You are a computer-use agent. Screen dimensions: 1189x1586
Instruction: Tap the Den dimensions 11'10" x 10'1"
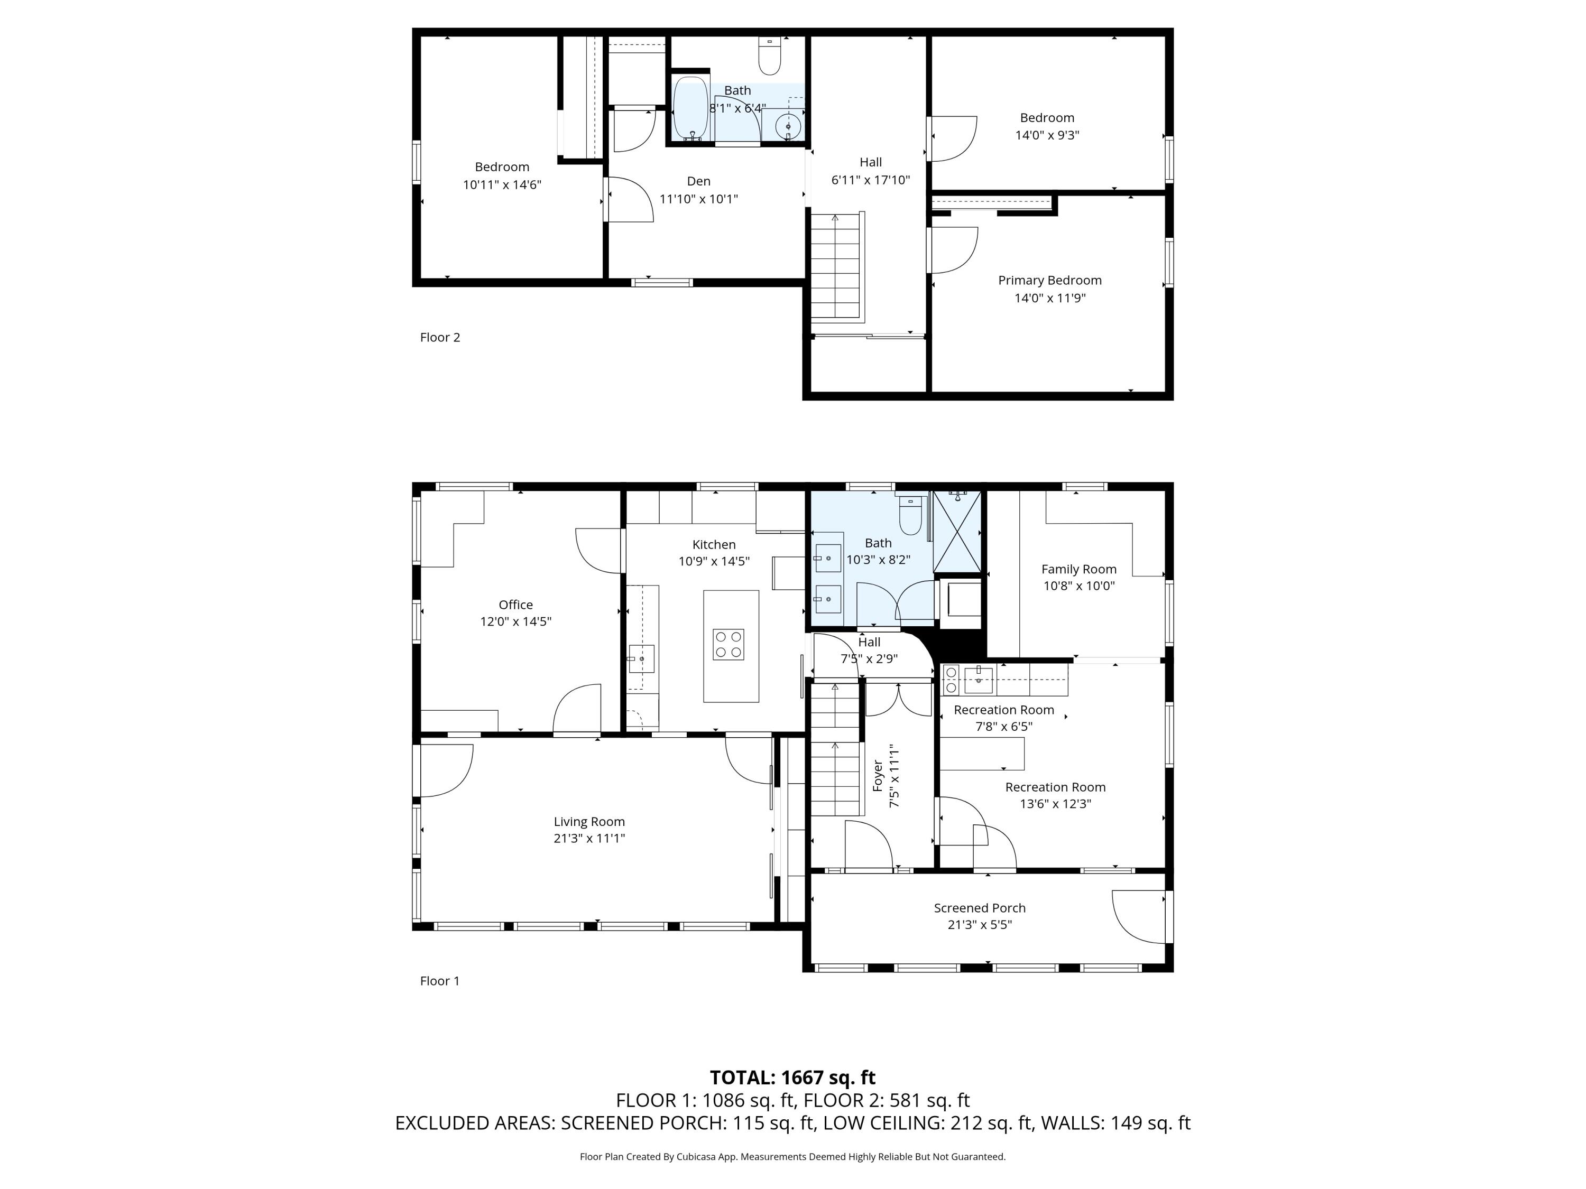pyautogui.click(x=698, y=199)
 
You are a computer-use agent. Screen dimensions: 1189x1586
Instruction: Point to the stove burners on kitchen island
pyautogui.click(x=728, y=644)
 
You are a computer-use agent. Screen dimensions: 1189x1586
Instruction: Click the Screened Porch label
pyautogui.click(x=980, y=907)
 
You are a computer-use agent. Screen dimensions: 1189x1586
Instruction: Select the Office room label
pyautogui.click(x=515, y=604)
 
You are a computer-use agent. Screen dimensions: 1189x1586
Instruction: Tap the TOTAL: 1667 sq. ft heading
pyautogui.click(x=792, y=1077)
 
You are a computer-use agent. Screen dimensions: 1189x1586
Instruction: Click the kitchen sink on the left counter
pyautogui.click(x=641, y=658)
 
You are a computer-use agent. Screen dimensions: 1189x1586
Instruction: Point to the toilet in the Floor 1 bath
pyautogui.click(x=910, y=517)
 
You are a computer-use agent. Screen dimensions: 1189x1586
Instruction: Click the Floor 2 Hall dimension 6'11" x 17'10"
pyautogui.click(x=870, y=180)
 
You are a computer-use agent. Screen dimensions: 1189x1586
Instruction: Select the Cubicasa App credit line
pyautogui.click(x=792, y=1156)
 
